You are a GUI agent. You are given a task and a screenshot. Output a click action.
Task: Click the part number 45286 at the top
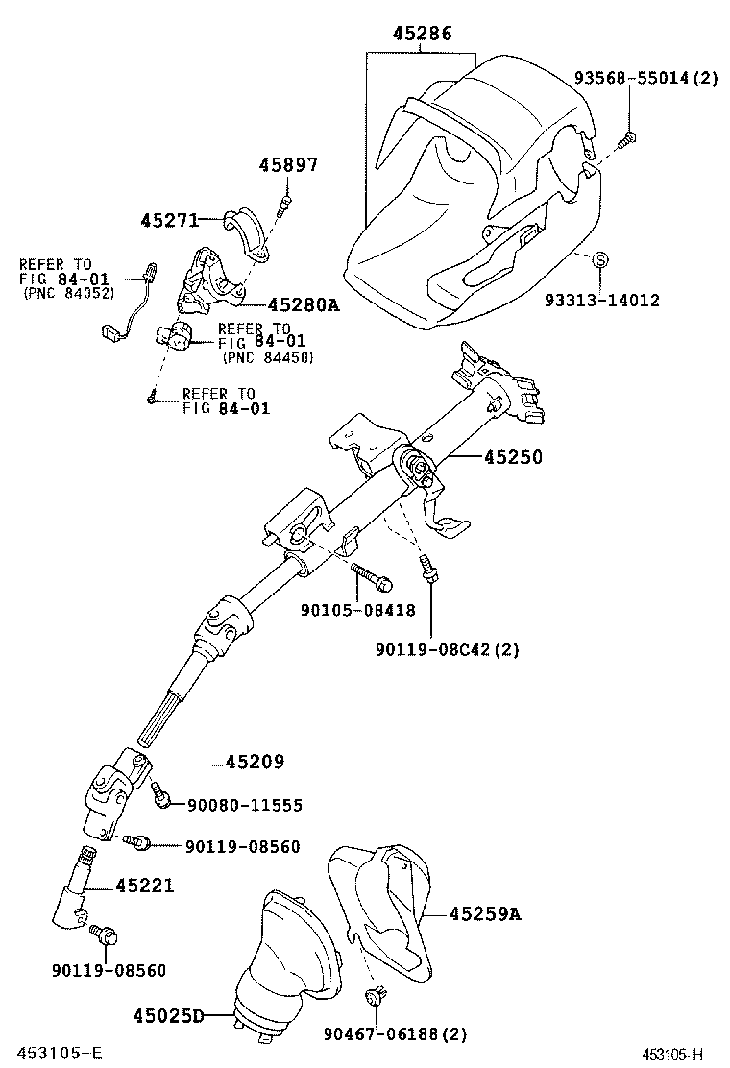tap(422, 34)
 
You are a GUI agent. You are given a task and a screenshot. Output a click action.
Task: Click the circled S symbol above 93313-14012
tap(599, 259)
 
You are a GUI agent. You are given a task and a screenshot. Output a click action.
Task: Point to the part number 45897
tap(287, 165)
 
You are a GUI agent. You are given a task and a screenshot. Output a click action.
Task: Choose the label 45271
tap(168, 220)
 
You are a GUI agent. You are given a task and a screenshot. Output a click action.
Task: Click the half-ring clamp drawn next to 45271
tap(247, 231)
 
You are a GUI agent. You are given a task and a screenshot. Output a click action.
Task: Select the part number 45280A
tap(303, 304)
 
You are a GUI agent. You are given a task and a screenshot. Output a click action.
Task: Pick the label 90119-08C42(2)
tap(447, 649)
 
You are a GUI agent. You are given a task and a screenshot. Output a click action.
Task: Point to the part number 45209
tap(255, 762)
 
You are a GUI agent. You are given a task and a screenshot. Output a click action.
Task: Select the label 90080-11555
tap(244, 805)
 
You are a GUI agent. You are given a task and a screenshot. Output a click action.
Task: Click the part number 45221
tap(145, 885)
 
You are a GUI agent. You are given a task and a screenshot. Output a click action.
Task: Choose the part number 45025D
tap(168, 1015)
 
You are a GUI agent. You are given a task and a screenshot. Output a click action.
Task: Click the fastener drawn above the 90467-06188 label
tap(377, 996)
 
